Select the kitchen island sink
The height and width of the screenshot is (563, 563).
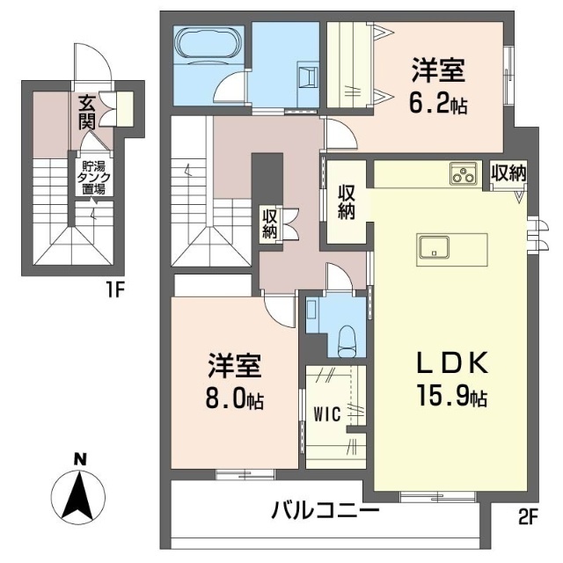pyautogui.click(x=434, y=247)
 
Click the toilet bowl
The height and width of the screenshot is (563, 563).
pyautogui.click(x=347, y=341)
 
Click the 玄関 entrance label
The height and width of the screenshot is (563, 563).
pyautogui.click(x=87, y=113)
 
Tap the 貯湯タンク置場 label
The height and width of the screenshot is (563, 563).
pyautogui.click(x=94, y=178)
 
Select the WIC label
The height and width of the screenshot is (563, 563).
pyautogui.click(x=327, y=414)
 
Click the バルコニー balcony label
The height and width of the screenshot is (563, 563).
pyautogui.click(x=325, y=510)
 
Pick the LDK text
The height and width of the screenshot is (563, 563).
pyautogui.click(x=452, y=363)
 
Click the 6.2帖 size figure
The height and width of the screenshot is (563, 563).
pyautogui.click(x=438, y=104)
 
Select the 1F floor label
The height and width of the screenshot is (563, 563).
pyautogui.click(x=115, y=290)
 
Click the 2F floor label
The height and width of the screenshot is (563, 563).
pyautogui.click(x=527, y=517)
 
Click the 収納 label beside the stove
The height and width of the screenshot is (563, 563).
pyautogui.click(x=508, y=173)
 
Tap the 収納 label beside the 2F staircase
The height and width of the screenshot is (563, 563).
pyautogui.click(x=269, y=223)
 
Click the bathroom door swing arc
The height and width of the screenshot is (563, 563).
pyautogui.click(x=230, y=85)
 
